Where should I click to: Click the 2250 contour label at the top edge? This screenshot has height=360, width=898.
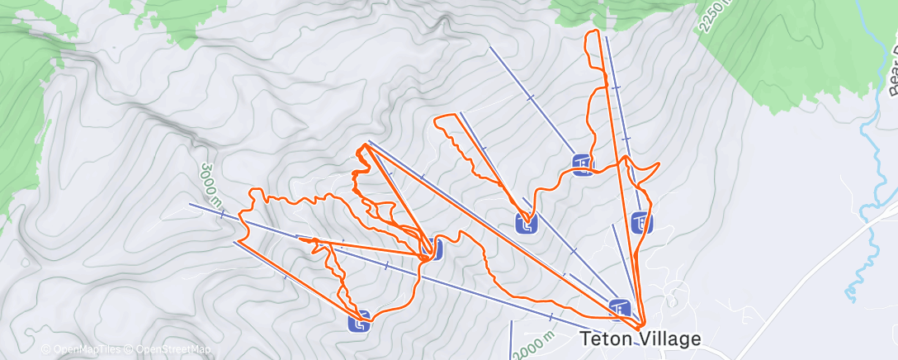(x=715, y=17)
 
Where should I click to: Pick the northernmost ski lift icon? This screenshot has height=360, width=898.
(x=582, y=165)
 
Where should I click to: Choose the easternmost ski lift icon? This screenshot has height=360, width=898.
(x=641, y=222)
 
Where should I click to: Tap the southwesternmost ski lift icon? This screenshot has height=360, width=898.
(x=359, y=320)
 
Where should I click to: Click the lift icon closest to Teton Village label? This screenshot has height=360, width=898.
(x=620, y=308)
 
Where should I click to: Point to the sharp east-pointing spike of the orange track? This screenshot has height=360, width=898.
(x=659, y=168)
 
